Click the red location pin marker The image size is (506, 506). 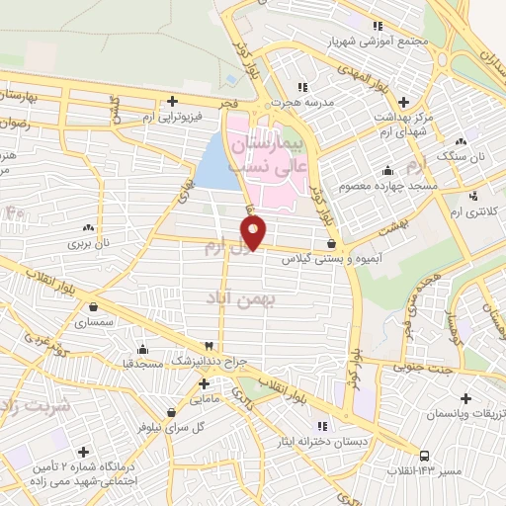pyautogui.click(x=255, y=233)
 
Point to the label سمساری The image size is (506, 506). pyautogui.click(x=102, y=322)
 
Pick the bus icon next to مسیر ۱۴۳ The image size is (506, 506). pyautogui.click(x=424, y=457)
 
